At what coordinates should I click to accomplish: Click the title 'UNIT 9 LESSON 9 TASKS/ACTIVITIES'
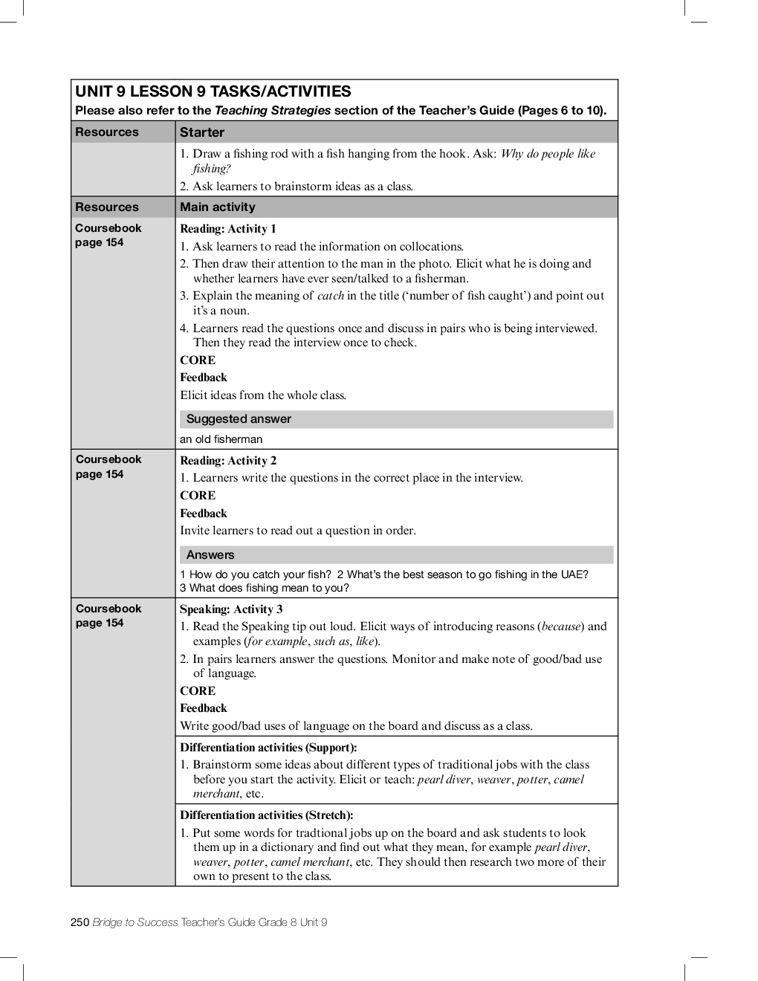click(x=213, y=91)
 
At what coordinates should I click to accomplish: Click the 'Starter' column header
click(x=201, y=132)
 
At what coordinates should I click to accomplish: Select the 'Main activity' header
click(x=217, y=207)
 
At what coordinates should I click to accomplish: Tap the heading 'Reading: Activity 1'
click(x=227, y=229)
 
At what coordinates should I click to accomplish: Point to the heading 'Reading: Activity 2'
click(x=227, y=461)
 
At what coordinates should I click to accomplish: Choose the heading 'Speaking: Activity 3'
click(x=230, y=609)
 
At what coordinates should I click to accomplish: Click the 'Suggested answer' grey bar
click(x=239, y=419)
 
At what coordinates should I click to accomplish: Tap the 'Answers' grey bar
click(x=210, y=555)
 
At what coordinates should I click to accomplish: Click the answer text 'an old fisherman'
click(x=221, y=439)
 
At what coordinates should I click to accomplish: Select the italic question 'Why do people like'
click(x=548, y=154)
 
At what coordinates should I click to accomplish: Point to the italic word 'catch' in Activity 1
click(x=330, y=296)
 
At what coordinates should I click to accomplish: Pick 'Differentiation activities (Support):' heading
click(x=268, y=748)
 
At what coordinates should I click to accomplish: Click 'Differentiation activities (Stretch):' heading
click(x=266, y=815)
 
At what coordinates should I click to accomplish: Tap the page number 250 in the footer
click(x=80, y=922)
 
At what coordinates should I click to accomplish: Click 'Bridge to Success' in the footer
click(x=135, y=922)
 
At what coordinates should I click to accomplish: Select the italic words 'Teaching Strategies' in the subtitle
click(x=272, y=111)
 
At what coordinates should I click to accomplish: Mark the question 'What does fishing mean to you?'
click(x=269, y=588)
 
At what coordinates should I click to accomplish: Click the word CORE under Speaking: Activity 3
click(x=198, y=691)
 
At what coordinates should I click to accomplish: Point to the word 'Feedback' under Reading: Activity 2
click(x=204, y=514)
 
